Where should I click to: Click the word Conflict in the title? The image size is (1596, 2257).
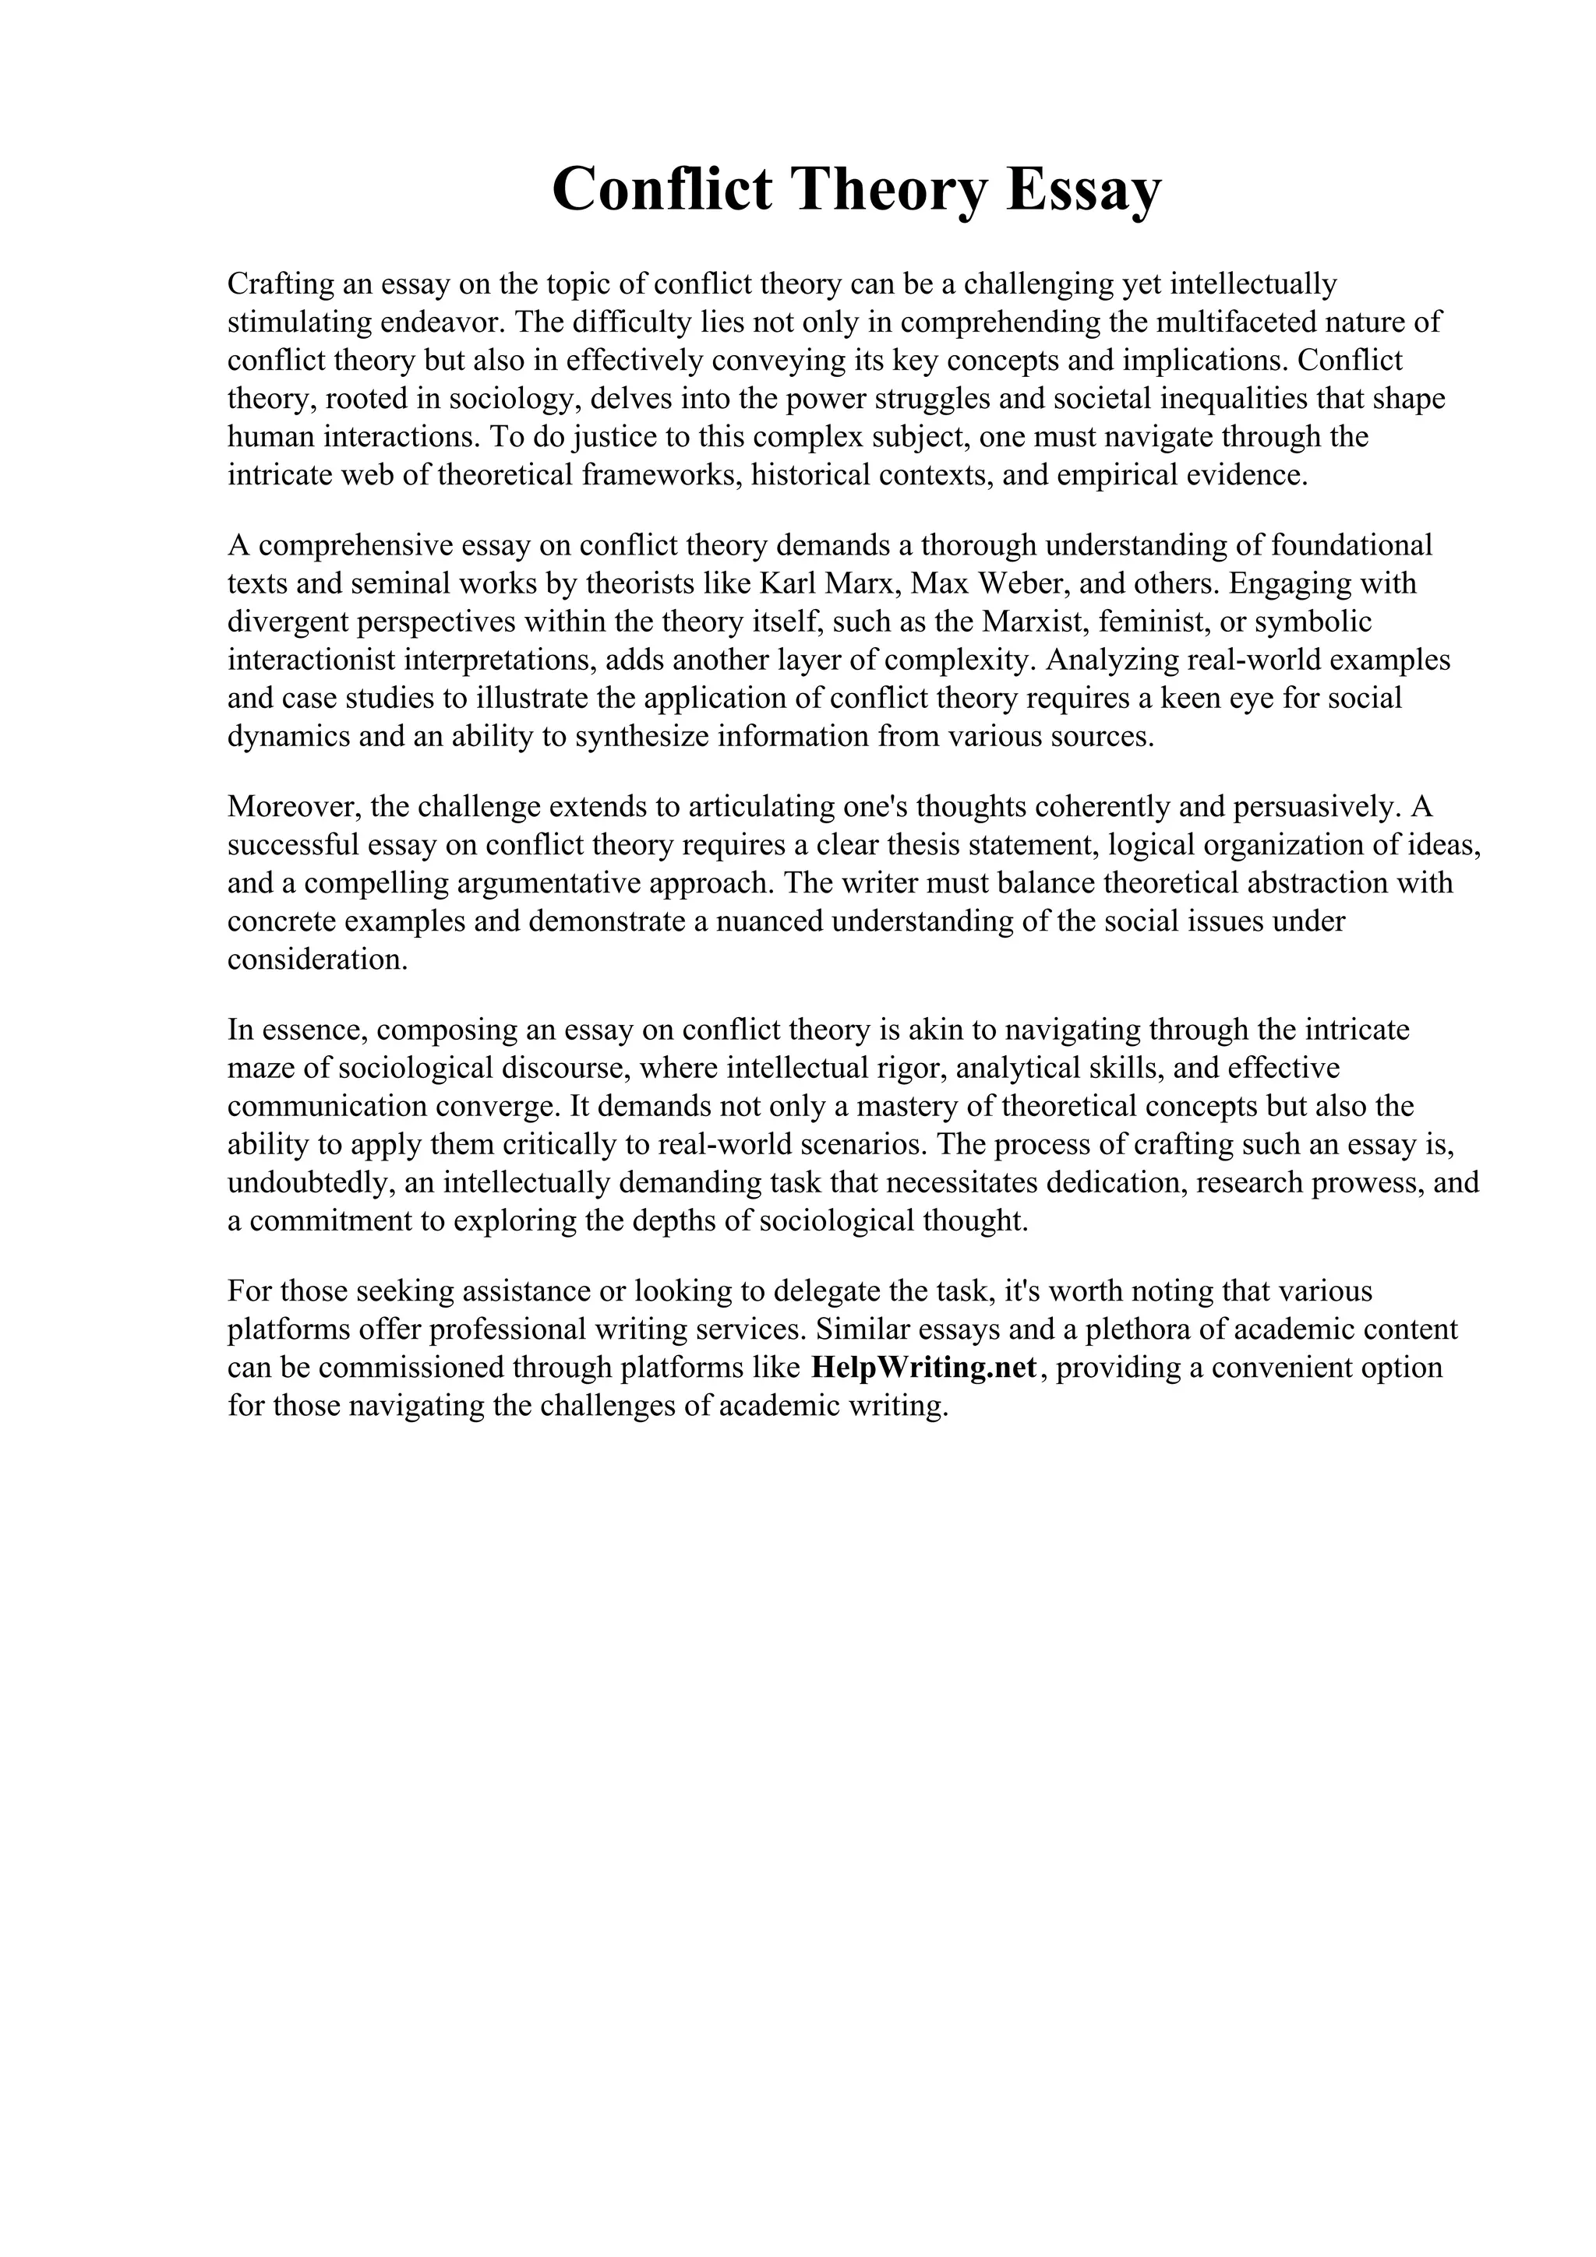coord(662,188)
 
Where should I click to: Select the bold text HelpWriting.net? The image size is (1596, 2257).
coord(924,1368)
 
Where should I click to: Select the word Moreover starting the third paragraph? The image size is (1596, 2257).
coord(296,806)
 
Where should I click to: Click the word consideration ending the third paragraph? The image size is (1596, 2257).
coord(316,959)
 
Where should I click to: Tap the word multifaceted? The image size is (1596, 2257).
coord(1234,322)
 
